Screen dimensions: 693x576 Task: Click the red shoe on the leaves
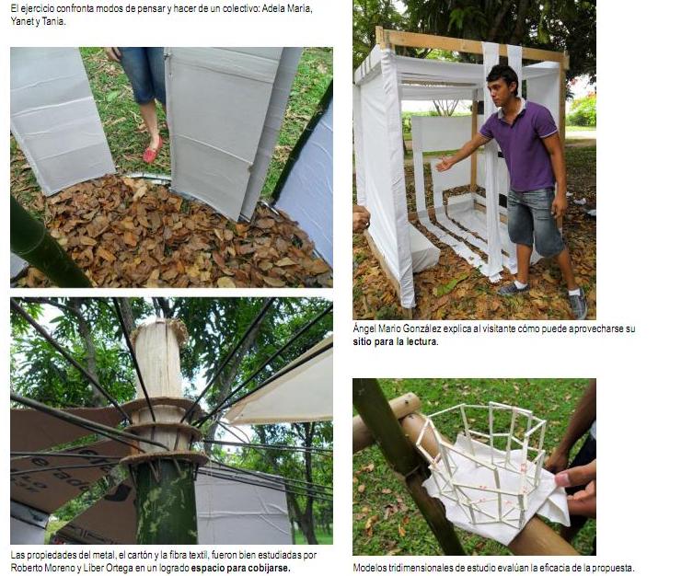pos(153,150)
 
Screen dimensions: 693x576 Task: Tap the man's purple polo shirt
pos(522,146)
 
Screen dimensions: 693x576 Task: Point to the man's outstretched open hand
pos(445,164)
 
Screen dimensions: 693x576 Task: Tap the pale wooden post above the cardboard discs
pos(158,358)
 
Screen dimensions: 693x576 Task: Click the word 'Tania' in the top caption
pos(53,22)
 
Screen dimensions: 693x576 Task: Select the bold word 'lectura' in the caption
pos(422,341)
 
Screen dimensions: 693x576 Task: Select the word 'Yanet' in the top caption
pos(22,22)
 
